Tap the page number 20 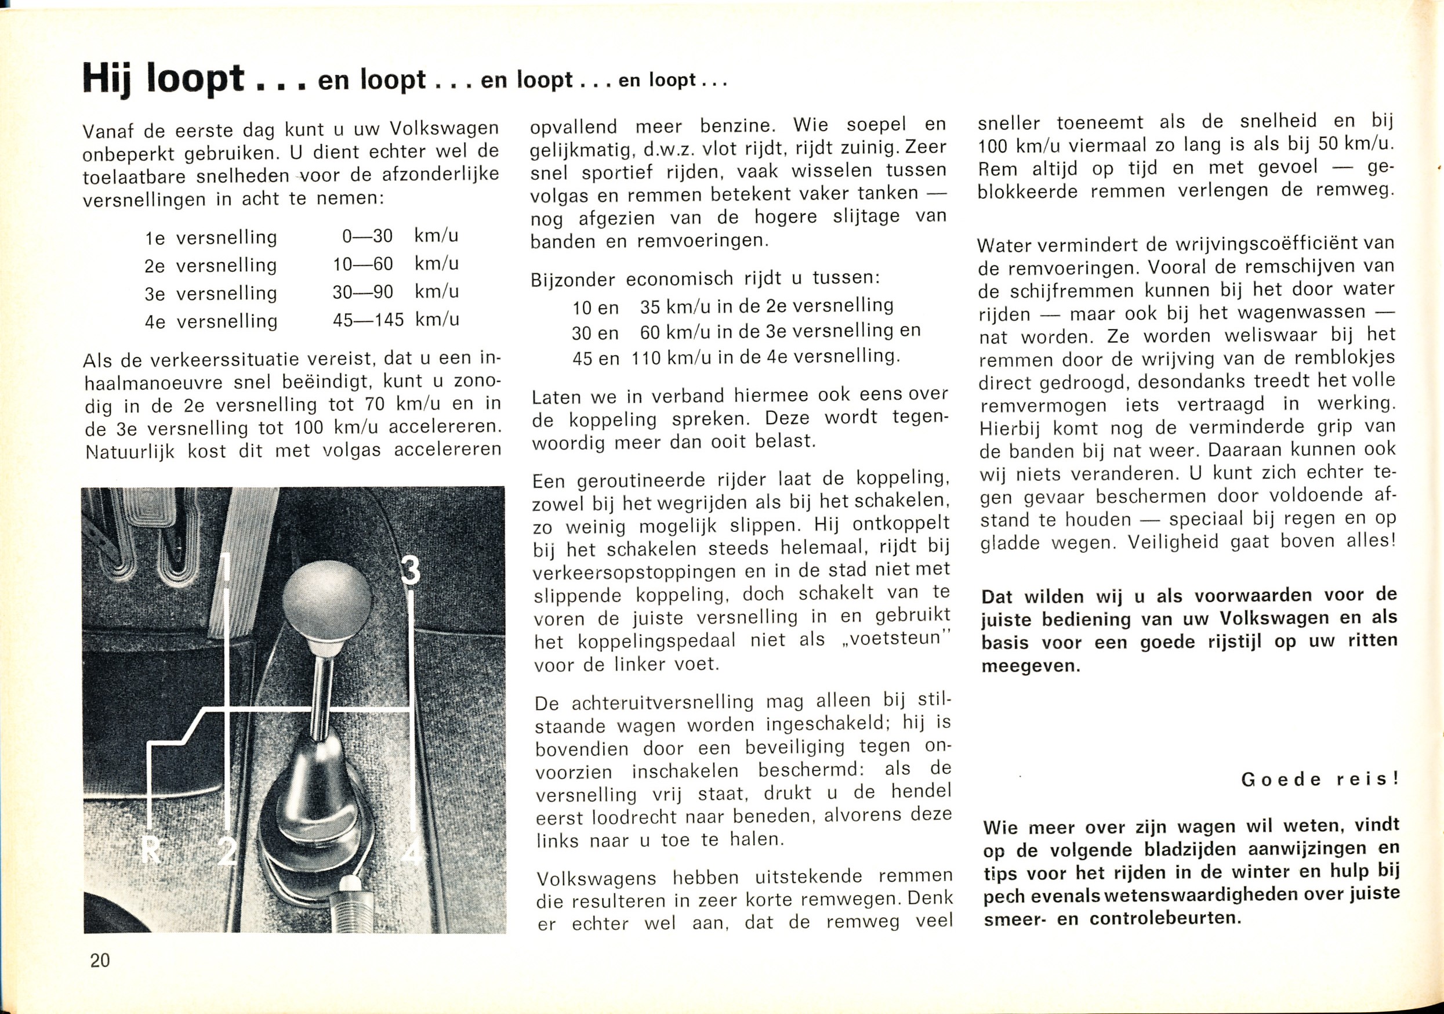pos(100,960)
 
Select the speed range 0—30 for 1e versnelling pos(367,236)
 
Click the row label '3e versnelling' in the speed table pos(211,293)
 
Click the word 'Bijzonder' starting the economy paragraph pos(574,279)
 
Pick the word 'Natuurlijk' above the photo pos(130,452)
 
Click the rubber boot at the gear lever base pos(314,818)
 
